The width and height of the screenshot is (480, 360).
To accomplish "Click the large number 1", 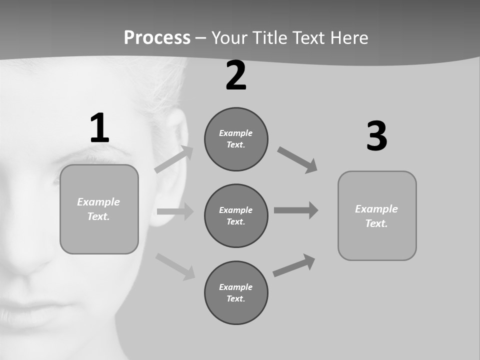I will (99, 128).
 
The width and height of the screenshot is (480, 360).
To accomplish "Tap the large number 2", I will (236, 75).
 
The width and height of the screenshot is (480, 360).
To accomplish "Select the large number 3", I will (376, 136).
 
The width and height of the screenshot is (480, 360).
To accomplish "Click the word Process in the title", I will (157, 37).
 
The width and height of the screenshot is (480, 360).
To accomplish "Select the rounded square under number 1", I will (99, 209).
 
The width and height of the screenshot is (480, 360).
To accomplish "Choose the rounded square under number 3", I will (377, 215).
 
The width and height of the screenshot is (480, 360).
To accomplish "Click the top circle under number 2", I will (236, 139).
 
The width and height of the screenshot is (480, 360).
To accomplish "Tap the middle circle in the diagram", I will (236, 215).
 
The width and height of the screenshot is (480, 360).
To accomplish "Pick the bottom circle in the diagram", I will (236, 292).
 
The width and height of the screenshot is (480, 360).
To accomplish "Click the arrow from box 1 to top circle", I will (174, 159).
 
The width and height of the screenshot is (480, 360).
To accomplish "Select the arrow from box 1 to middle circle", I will (175, 211).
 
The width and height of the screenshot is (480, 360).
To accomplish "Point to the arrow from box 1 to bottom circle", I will (175, 266).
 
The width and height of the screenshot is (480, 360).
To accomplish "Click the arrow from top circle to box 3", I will (297, 159).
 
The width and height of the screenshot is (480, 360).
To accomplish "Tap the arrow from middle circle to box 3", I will (296, 210).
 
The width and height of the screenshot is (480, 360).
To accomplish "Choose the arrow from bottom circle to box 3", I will (294, 265).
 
